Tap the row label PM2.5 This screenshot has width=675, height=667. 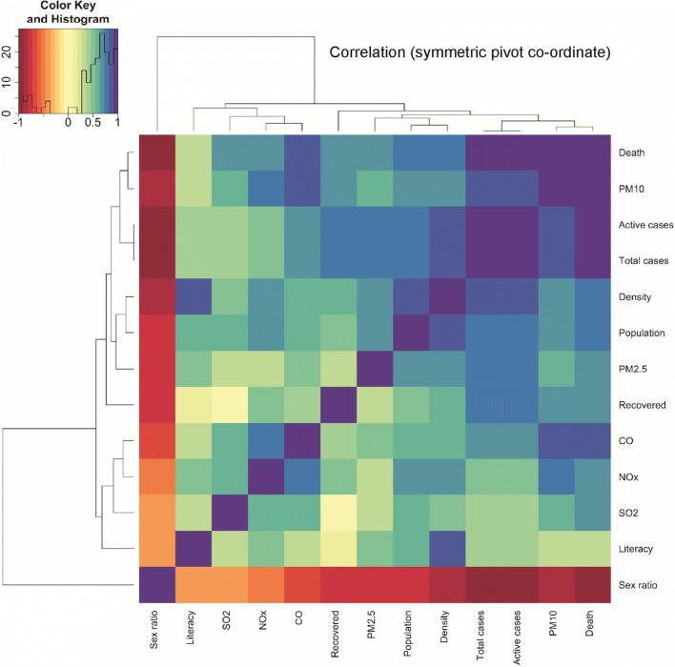634,370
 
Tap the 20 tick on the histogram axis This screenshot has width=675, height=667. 7,53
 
